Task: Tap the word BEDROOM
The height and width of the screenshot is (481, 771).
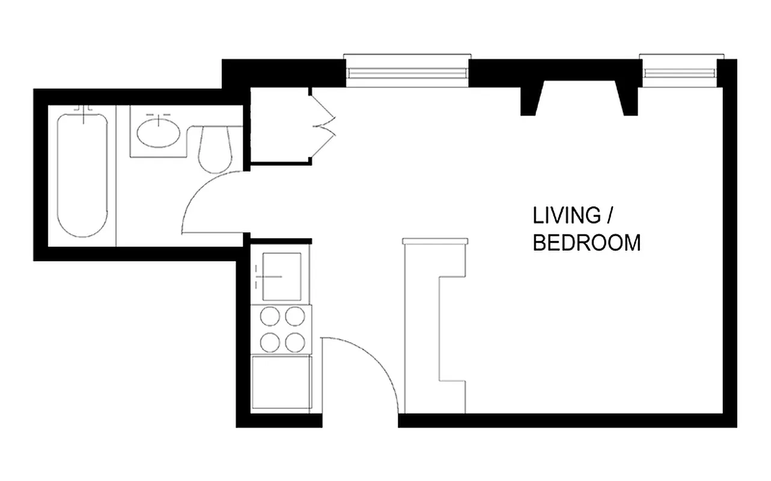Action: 587,243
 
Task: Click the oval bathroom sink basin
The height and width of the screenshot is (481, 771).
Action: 157,132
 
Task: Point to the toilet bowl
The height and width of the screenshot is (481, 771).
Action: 215,150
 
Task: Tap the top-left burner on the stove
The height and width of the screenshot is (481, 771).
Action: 269,316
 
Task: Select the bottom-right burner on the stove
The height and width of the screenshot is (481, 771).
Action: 295,342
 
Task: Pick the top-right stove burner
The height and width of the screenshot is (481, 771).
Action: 295,316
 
